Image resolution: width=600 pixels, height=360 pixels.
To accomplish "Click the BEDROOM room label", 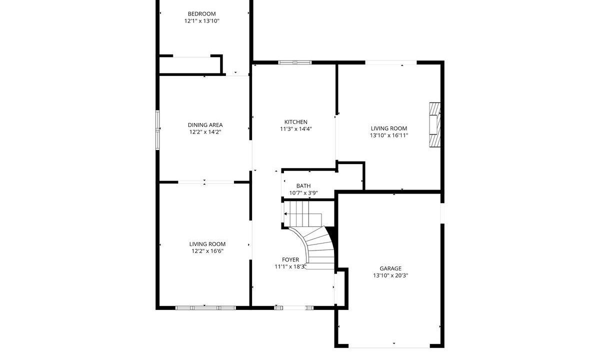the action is [201, 14].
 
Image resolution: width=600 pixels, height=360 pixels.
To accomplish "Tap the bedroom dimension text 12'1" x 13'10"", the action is [201, 21].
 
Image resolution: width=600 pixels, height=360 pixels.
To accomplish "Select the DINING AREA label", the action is [205, 125].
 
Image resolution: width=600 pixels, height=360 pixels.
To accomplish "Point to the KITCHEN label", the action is [295, 122].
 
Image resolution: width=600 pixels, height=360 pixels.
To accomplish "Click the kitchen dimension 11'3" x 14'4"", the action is [296, 129].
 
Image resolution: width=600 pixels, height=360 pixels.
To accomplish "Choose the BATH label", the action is [303, 186].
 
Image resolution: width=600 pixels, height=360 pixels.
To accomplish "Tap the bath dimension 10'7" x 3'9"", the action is [303, 193].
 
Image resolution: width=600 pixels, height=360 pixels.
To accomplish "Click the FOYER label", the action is [290, 260].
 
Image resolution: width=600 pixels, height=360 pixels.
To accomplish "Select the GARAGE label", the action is [390, 268].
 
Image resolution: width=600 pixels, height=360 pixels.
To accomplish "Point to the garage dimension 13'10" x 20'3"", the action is [390, 275].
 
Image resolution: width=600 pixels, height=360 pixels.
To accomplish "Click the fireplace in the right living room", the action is [434, 125].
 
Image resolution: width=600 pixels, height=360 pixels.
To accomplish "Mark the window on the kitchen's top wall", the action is [295, 62].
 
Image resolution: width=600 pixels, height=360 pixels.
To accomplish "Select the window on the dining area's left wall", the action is [157, 130].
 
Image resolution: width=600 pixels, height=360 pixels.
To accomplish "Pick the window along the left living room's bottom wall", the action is [205, 308].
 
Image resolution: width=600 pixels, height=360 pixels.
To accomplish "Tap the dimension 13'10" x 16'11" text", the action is [389, 135].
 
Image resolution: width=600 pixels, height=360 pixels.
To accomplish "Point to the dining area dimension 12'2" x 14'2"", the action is [205, 132].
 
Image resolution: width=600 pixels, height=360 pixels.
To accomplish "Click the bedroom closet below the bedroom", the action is [190, 65].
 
